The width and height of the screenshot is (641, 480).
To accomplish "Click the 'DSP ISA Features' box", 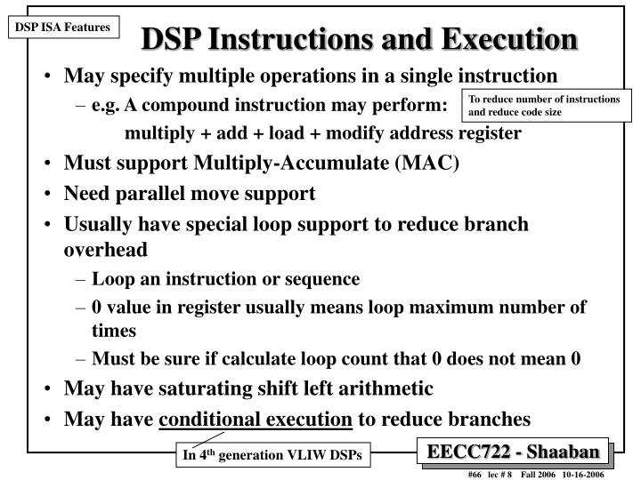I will [61, 28].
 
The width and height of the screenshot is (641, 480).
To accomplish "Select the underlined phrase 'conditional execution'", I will [256, 418].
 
